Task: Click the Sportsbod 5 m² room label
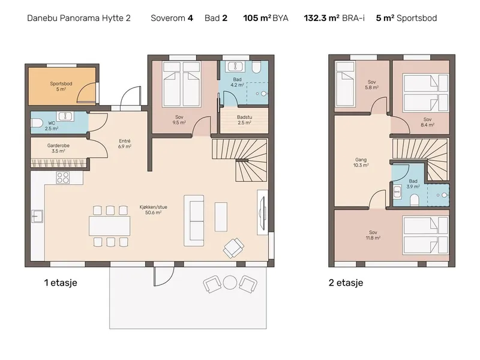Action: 61,86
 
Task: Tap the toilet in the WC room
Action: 36,123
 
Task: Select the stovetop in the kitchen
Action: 63,178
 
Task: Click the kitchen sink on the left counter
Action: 37,216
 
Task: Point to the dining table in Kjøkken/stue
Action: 110,226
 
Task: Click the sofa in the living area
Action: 194,220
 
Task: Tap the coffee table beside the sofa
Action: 221,217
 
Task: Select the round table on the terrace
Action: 230,283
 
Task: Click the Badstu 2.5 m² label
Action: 244,119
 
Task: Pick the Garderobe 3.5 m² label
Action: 58,148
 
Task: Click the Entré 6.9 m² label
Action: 125,143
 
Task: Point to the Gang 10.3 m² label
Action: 361,162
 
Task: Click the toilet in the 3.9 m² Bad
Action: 415,200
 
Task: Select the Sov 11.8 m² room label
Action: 373,235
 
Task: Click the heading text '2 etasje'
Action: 346,283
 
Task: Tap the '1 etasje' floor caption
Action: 61,283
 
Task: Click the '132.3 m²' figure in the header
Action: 322,18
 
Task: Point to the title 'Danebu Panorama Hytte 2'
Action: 79,18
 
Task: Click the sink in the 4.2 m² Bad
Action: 235,67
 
